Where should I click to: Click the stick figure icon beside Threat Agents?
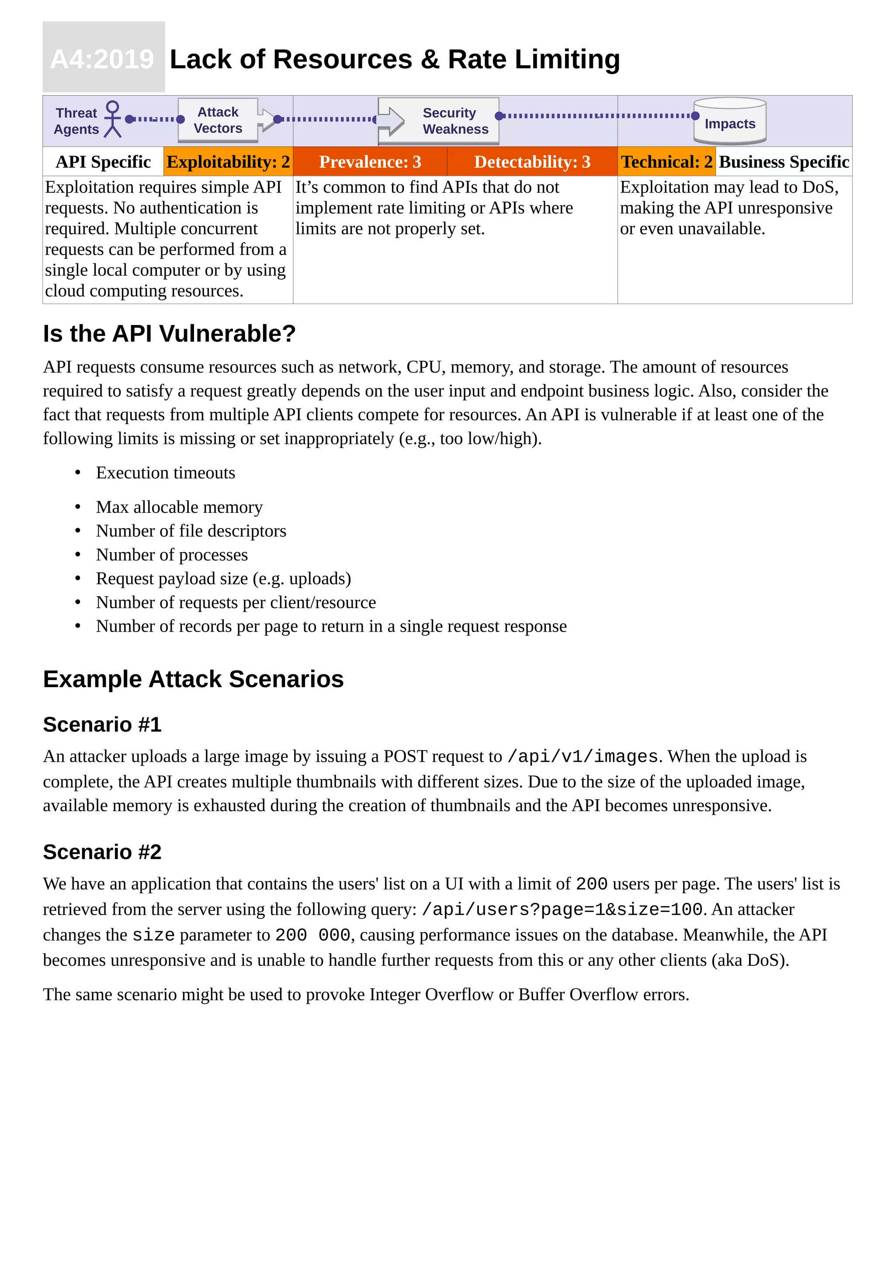112,119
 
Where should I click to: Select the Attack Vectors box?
218,120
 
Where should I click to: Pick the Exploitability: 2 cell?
228,162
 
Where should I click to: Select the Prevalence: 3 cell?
370,162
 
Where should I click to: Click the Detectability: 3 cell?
532,162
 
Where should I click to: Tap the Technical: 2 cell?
666,162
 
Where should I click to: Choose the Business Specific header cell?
783,162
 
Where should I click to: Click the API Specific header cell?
103,162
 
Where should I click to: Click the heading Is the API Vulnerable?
169,334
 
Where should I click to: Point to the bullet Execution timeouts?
165,473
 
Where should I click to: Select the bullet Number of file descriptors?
191,531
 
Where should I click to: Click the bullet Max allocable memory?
179,507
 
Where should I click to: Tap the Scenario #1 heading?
102,725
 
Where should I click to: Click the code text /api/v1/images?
583,757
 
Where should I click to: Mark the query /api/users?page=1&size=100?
562,909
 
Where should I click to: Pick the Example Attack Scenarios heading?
193,679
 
